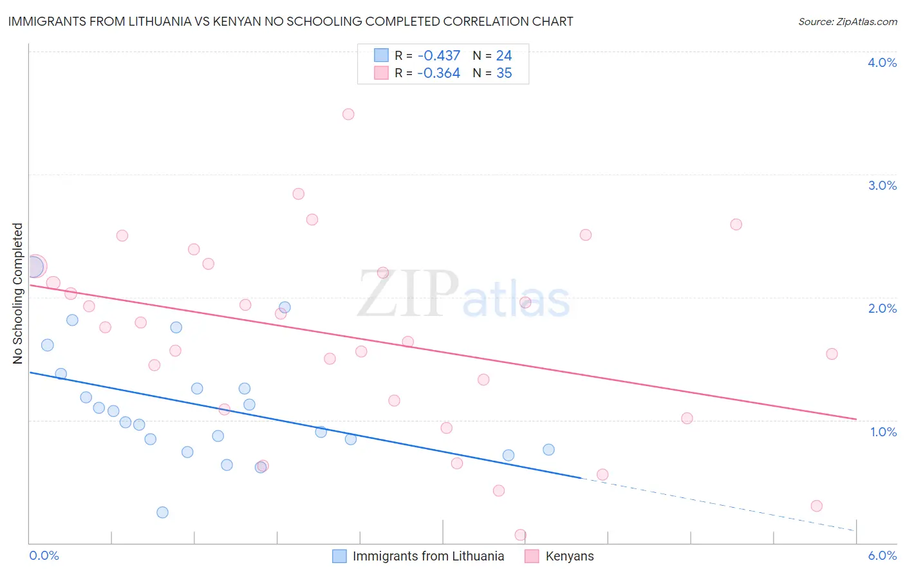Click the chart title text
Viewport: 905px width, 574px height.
(x=290, y=21)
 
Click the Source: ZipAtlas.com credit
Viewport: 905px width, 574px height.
(x=847, y=21)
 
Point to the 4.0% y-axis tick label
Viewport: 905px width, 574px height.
(x=882, y=62)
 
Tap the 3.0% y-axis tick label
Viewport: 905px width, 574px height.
(x=882, y=185)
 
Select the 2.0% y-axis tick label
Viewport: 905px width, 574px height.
(x=882, y=308)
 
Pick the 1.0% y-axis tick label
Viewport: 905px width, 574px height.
(x=883, y=432)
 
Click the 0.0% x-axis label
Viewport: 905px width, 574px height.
(x=44, y=555)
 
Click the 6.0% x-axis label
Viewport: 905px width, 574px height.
(x=882, y=555)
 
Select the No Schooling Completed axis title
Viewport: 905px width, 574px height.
(x=18, y=293)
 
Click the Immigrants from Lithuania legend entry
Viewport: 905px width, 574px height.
(x=427, y=556)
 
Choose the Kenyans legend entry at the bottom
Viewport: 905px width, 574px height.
(x=569, y=556)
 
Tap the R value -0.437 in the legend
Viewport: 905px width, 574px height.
(x=438, y=56)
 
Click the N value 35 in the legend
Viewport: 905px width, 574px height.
(x=504, y=73)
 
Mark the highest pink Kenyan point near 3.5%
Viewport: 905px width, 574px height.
(x=348, y=115)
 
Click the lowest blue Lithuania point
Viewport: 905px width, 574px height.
(x=162, y=512)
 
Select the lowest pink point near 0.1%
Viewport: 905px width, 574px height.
(x=520, y=535)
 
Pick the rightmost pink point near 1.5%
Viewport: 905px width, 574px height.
(x=832, y=354)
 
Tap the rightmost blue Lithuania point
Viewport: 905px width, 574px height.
(x=548, y=450)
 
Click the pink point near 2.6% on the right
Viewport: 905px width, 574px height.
(x=736, y=225)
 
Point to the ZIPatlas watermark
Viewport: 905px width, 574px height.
(x=463, y=295)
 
